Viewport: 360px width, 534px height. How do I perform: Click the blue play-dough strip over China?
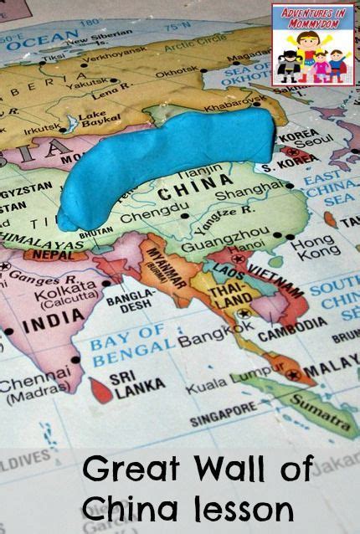(x=167, y=159)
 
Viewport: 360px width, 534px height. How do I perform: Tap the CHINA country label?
(x=183, y=192)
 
